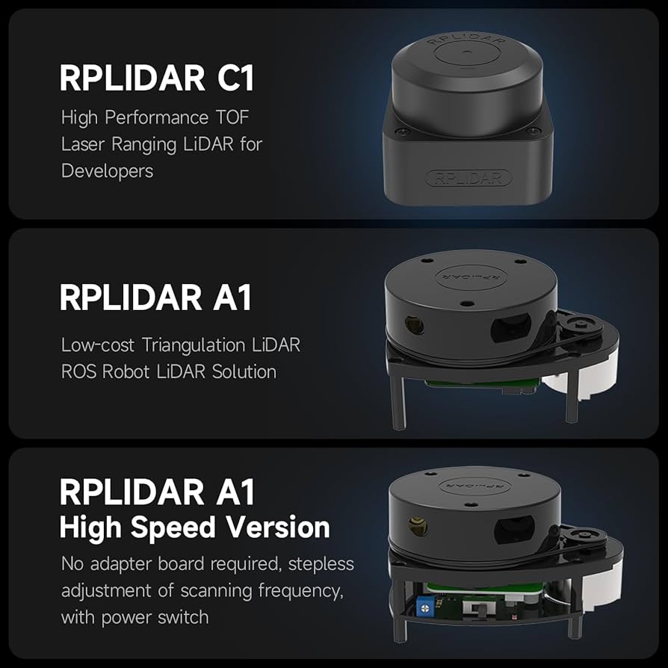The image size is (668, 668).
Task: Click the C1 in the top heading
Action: (236, 78)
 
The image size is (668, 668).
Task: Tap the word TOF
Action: (232, 117)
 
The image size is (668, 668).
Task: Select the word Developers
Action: (108, 171)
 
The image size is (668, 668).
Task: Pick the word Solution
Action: (244, 372)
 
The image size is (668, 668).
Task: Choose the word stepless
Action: (321, 564)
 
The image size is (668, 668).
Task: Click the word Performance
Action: (156, 117)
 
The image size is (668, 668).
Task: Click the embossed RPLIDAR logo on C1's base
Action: (468, 178)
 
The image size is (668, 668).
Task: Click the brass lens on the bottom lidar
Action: (418, 527)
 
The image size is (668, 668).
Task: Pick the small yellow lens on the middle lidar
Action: (415, 326)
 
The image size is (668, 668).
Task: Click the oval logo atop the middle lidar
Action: (471, 276)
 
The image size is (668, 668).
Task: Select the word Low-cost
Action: (98, 345)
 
